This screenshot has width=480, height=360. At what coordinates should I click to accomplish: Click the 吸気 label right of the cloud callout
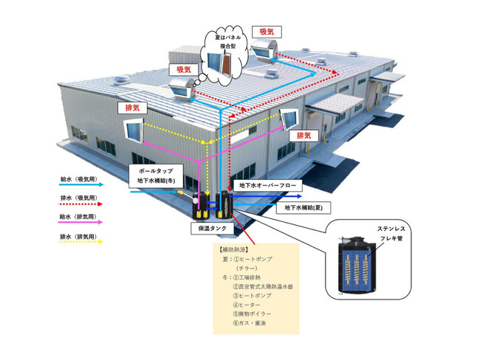tap(267, 32)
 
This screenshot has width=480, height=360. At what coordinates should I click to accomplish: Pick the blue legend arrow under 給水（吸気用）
tap(82, 186)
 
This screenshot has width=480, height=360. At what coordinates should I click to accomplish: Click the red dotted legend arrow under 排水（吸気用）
tap(82, 206)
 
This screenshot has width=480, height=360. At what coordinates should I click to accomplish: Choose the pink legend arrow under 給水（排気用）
tap(82, 225)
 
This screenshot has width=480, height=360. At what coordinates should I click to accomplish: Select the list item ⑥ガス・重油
tap(251, 323)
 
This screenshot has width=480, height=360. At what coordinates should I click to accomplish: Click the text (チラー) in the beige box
tap(247, 268)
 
